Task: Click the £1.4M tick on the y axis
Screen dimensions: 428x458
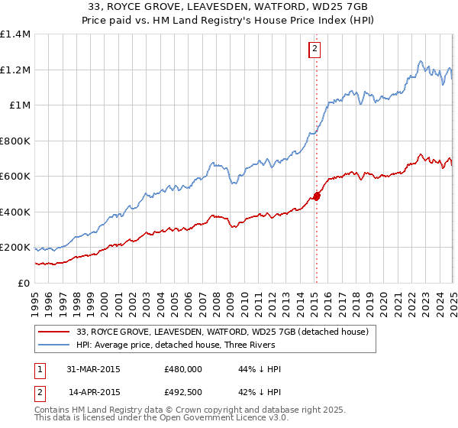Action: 15,34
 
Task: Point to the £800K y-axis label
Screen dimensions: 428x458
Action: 15,141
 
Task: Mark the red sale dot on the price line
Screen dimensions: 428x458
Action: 317,196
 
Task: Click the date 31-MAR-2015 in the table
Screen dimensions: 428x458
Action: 94,368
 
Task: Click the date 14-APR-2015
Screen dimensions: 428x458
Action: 94,391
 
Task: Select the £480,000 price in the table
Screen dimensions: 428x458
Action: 182,368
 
